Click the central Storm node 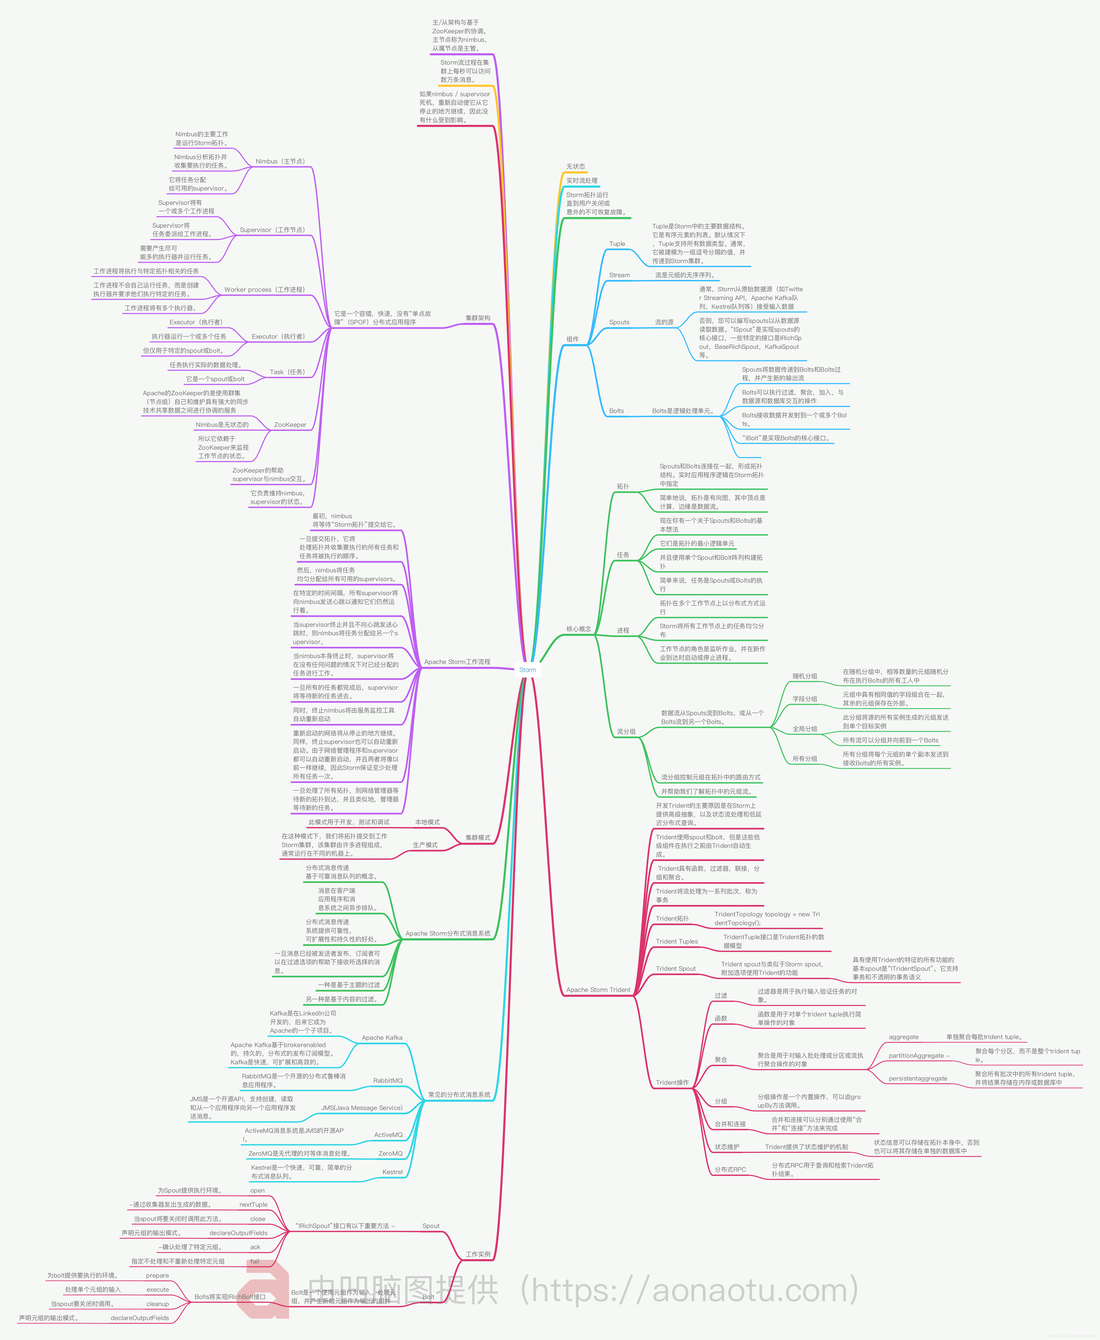tap(527, 670)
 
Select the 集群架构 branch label tap(478, 318)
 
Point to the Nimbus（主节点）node tap(280, 162)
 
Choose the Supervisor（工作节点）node tap(272, 230)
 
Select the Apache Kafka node tap(382, 1038)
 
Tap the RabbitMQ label tap(388, 1081)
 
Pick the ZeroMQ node tap(390, 1154)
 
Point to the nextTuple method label tap(253, 1204)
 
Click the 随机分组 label tap(805, 676)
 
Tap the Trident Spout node tap(675, 969)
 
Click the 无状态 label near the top tap(575, 167)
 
